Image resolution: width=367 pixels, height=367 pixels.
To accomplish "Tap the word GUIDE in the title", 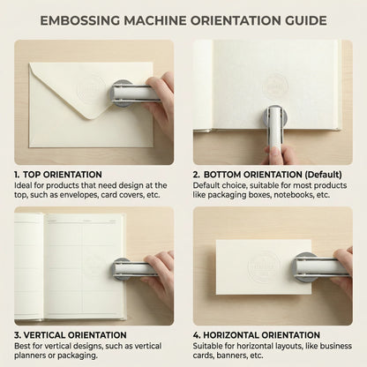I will pos(301,20).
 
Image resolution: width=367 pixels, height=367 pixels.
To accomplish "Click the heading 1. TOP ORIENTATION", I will pos(57,174).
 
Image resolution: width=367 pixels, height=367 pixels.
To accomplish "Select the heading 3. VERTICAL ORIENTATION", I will pos(70,335).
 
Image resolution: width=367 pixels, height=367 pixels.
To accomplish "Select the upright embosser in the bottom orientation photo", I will pos(275,124).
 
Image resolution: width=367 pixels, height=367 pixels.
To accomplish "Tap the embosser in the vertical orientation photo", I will pos(134,267).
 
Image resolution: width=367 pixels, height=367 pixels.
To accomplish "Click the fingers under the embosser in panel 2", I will pos(276,154).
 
